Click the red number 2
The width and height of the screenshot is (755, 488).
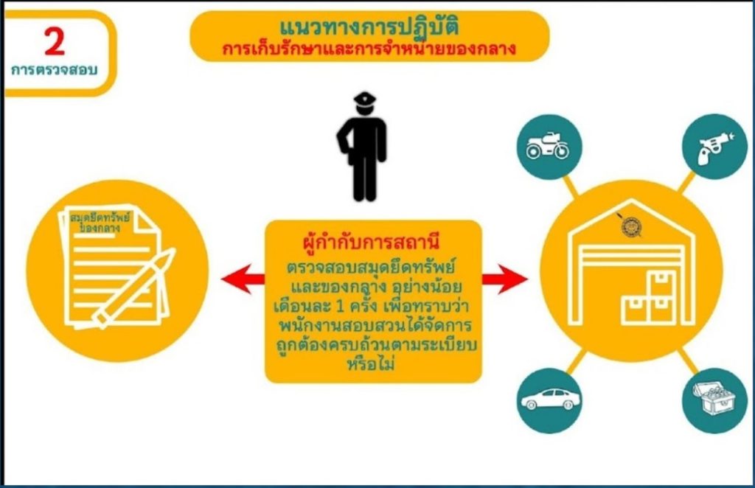55,42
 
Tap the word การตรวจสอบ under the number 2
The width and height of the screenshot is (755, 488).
54,70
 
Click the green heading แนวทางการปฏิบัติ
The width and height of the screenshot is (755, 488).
369,27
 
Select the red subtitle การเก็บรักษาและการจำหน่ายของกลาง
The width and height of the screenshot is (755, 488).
369,49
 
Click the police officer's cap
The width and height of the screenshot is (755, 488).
364,98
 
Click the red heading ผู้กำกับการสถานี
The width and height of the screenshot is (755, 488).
372,241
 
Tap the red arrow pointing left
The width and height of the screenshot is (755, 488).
243,279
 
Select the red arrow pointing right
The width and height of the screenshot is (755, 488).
504,279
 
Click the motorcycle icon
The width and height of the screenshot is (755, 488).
548,146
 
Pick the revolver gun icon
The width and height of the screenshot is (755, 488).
715,147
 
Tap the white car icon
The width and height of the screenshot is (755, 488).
551,400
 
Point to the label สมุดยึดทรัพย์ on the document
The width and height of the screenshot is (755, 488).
100,217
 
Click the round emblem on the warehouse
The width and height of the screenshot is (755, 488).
630,226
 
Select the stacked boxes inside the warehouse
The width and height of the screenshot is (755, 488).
647,299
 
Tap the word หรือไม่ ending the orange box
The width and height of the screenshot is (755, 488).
371,364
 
